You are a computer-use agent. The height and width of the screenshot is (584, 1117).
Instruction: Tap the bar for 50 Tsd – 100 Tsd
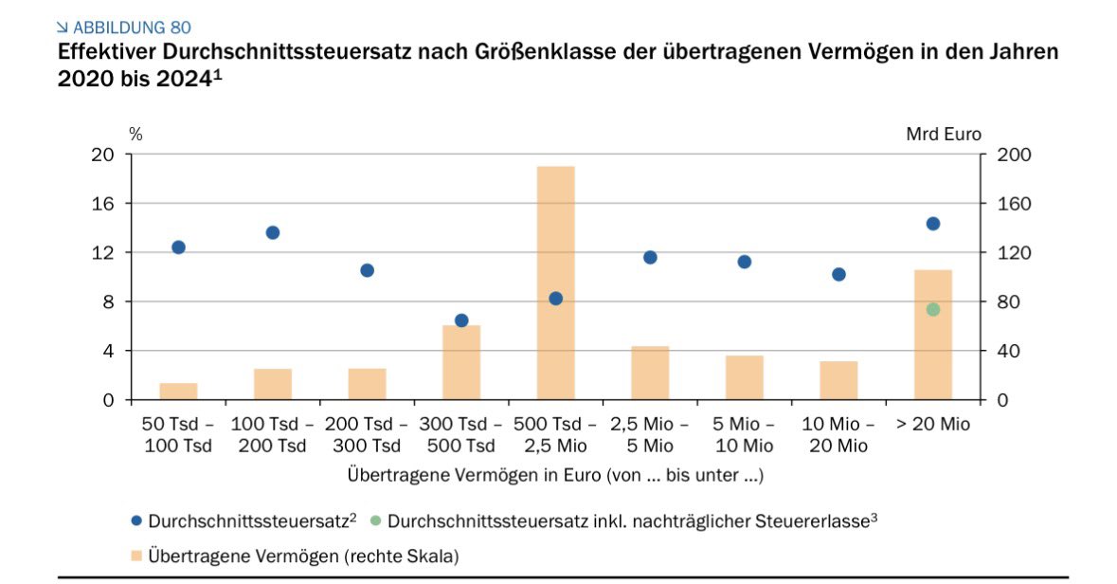coord(178,391)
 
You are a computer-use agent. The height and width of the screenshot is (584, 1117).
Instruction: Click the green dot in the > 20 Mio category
coord(932,309)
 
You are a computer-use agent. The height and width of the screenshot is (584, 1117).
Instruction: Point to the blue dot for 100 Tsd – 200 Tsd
coord(273,232)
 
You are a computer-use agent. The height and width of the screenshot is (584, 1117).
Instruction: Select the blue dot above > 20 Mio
coord(932,224)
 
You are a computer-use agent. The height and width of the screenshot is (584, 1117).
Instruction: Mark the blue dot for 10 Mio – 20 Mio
coord(838,274)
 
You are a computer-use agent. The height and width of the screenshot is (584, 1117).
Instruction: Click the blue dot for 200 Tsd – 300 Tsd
coord(367,270)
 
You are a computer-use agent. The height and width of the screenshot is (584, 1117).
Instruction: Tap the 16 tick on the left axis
coord(102,204)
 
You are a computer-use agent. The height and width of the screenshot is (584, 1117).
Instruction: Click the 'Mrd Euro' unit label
coord(944,134)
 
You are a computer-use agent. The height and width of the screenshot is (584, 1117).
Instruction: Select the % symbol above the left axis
coord(135,134)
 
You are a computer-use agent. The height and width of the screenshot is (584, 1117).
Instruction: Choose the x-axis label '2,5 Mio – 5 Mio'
coord(649,435)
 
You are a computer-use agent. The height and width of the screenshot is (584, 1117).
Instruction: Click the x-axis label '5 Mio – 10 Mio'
coord(744,435)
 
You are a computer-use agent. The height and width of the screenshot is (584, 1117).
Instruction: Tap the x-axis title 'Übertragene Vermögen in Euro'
coord(555,474)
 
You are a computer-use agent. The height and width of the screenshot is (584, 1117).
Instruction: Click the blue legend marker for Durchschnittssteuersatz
coord(135,520)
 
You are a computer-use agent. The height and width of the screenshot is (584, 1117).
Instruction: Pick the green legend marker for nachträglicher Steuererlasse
coord(376,520)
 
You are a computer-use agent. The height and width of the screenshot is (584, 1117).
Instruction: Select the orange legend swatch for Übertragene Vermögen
coord(135,553)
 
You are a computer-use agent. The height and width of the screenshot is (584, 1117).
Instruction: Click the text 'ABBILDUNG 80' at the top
coord(131,27)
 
